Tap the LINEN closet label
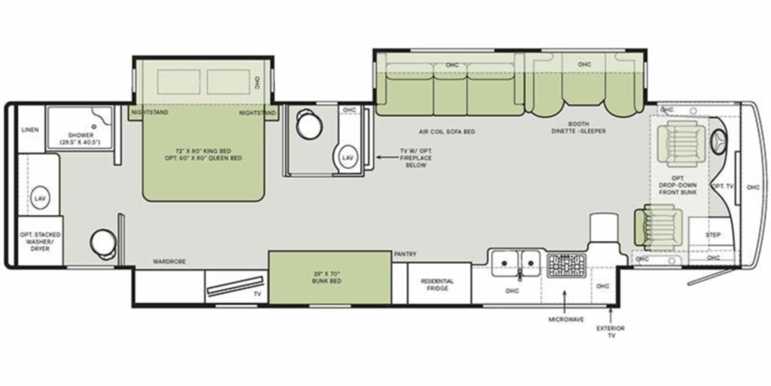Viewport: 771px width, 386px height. tap(31, 130)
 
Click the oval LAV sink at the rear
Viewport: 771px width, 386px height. tap(39, 198)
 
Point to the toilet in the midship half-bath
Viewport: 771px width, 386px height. tap(309, 123)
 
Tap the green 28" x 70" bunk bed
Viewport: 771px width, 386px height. tap(330, 277)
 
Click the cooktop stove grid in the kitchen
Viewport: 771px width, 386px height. tap(566, 265)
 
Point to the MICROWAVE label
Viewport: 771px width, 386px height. tap(566, 320)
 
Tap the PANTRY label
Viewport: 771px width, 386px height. tap(405, 254)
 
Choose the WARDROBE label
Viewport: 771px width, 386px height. tap(169, 262)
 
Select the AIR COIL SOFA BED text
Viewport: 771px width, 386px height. tap(447, 131)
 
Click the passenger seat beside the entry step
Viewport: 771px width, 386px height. tap(658, 227)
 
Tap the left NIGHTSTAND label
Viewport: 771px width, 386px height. tap(150, 112)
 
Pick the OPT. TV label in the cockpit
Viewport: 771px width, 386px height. tap(722, 185)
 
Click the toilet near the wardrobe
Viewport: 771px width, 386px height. tap(103, 244)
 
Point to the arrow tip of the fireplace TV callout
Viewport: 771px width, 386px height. tap(377, 158)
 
